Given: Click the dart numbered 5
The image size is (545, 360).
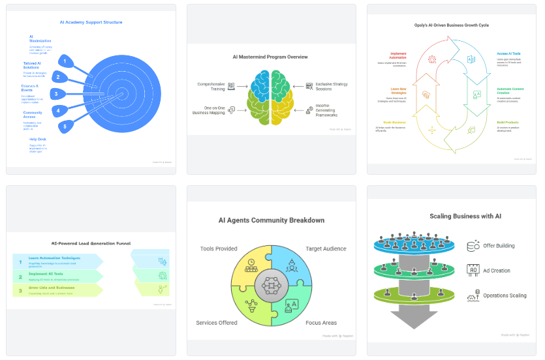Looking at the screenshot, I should (x=65, y=126).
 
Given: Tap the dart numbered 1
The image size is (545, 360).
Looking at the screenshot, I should (x=65, y=61).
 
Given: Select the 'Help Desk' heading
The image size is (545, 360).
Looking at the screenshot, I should (x=37, y=139).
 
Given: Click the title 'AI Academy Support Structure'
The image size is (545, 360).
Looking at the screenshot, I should (x=91, y=22).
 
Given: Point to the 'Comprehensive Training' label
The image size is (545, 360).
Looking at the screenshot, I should (x=211, y=85).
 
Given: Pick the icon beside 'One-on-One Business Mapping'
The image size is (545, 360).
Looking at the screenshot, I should (x=232, y=110).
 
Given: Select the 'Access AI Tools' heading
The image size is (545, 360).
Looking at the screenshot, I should (x=508, y=53).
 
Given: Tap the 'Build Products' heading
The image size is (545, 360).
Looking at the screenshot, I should (x=506, y=122).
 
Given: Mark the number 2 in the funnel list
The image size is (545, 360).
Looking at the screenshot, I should (x=20, y=275).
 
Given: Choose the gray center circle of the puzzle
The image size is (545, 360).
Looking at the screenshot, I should (x=270, y=284).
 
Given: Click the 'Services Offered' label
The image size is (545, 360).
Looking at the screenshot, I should (x=216, y=323).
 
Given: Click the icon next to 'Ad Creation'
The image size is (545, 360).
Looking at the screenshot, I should (x=473, y=270).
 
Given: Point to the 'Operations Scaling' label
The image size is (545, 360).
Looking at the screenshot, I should (x=505, y=295).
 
